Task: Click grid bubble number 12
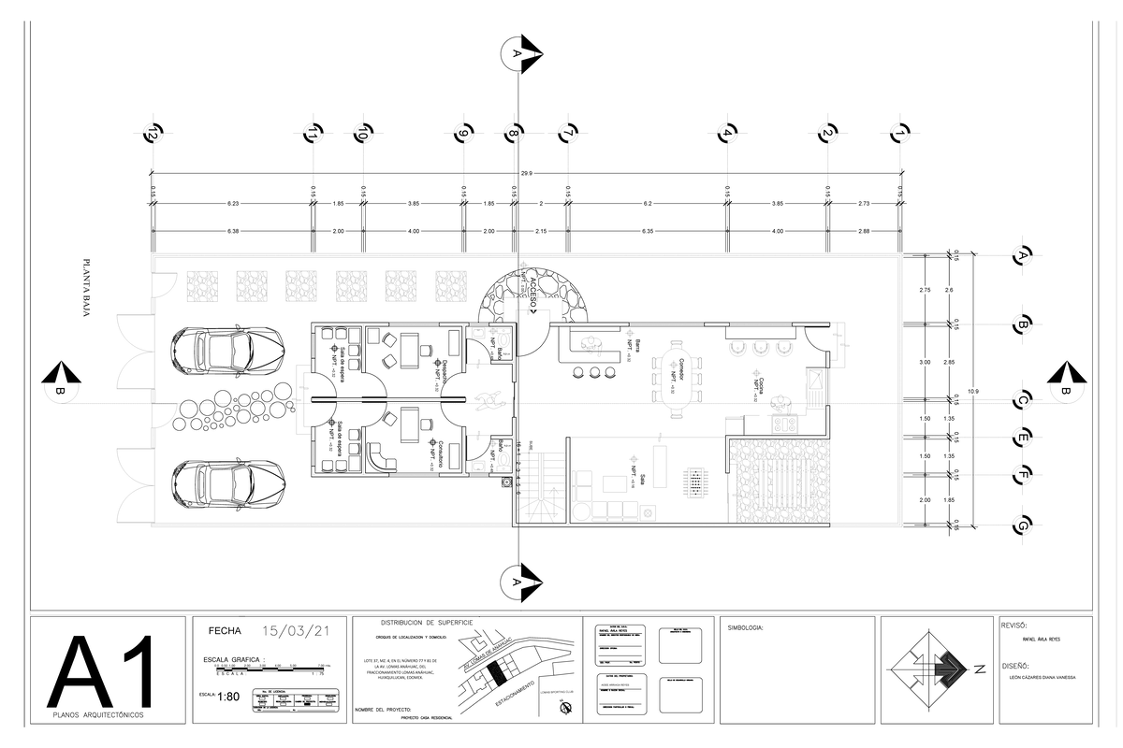(150, 135)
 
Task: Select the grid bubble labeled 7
(566, 135)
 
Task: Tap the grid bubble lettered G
(1024, 525)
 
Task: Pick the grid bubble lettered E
(1024, 437)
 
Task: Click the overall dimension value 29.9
(526, 173)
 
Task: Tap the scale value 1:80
(228, 696)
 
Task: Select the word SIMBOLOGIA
(745, 628)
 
